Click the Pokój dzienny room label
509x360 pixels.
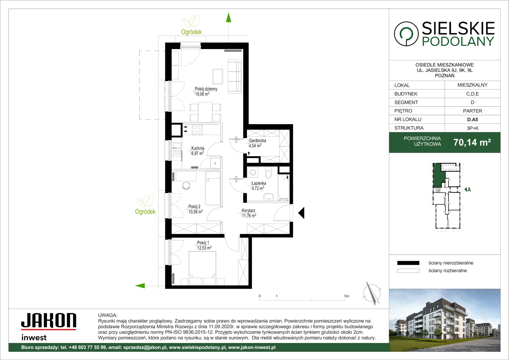click(206, 91)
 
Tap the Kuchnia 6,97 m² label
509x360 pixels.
click(198, 151)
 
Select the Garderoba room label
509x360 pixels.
click(257, 143)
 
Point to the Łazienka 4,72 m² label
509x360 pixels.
click(258, 186)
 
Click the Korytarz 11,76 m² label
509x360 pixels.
click(249, 213)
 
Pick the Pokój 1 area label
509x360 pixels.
click(204, 245)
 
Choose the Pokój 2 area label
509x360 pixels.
click(196, 209)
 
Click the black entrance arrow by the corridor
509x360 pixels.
click(301, 213)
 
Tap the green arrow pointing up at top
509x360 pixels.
click(229, 18)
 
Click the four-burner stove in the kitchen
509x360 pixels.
click(197, 130)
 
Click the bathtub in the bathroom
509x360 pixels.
click(283, 187)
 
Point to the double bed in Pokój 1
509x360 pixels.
click(203, 268)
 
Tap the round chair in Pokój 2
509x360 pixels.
click(187, 186)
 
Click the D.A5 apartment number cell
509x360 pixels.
click(472, 119)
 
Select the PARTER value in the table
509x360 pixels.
click(472, 111)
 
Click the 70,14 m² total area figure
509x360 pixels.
click(472, 142)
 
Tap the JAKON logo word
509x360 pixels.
click(49, 320)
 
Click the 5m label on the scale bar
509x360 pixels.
click(346, 296)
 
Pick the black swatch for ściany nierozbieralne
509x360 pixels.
click(408, 263)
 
